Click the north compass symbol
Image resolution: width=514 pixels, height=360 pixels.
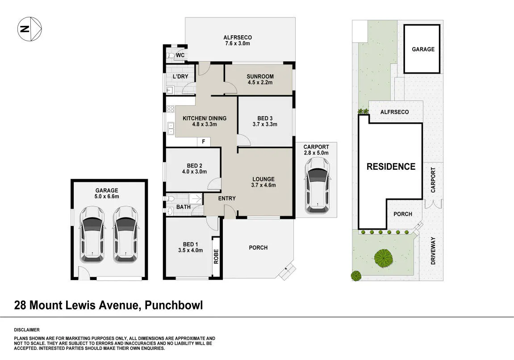pos(29,29)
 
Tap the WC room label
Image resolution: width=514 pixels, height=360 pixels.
pos(180,55)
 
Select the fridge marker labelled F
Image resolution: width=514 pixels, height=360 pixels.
pos(204,142)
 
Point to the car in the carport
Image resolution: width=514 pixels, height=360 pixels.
pos(317,185)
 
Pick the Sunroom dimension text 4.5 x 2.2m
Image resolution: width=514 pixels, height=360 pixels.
pos(260,82)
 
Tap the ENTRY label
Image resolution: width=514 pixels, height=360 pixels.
pos(227,198)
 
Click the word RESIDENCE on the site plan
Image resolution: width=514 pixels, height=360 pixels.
pos(391,167)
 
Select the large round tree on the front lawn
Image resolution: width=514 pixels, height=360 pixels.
pos(384,258)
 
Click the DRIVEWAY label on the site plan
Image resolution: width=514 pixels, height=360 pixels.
pos(433,251)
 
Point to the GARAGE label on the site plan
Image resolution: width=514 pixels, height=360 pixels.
pos(423,49)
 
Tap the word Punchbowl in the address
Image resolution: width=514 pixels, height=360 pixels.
pos(174,305)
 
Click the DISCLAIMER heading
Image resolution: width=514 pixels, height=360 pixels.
pos(27,330)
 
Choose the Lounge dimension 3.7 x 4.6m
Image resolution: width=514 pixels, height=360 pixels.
pos(263,185)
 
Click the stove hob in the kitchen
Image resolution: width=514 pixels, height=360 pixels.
pos(171,109)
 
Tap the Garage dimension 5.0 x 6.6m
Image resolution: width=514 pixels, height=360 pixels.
pos(107,197)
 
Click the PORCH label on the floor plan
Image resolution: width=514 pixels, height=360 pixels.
pos(258,247)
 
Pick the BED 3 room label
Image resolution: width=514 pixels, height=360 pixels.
pos(265,118)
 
